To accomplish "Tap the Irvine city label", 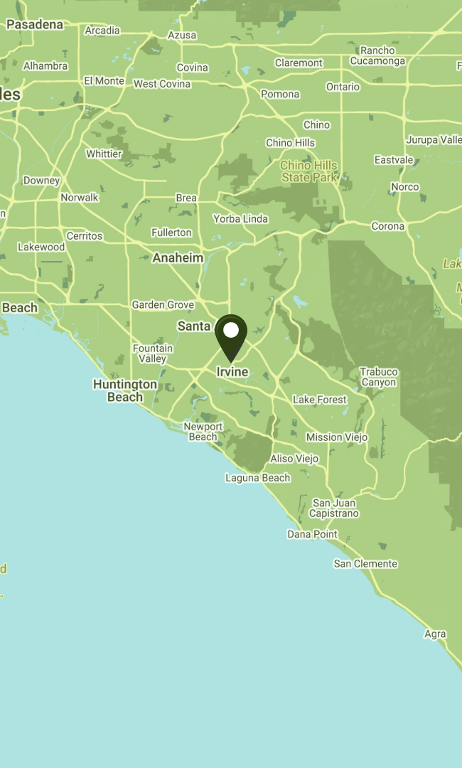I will [232, 372].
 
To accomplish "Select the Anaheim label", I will [178, 258].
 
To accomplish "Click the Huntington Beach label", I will [125, 390].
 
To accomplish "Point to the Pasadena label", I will [35, 25].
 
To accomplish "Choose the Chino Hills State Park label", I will [309, 171].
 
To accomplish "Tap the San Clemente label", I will [365, 564].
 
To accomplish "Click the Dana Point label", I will [312, 534].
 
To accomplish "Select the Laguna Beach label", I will [257, 478].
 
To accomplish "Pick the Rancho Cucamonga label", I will [377, 55].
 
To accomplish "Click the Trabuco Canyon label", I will [378, 377].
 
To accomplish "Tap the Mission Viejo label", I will [337, 437].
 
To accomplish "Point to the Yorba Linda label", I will [240, 219].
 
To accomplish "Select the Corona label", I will [387, 227].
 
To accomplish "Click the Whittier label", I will [104, 154].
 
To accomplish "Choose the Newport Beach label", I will [203, 432].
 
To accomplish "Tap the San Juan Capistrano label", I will [334, 508].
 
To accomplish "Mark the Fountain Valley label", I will [153, 353].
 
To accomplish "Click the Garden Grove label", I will [163, 305].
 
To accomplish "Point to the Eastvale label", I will [394, 160].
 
